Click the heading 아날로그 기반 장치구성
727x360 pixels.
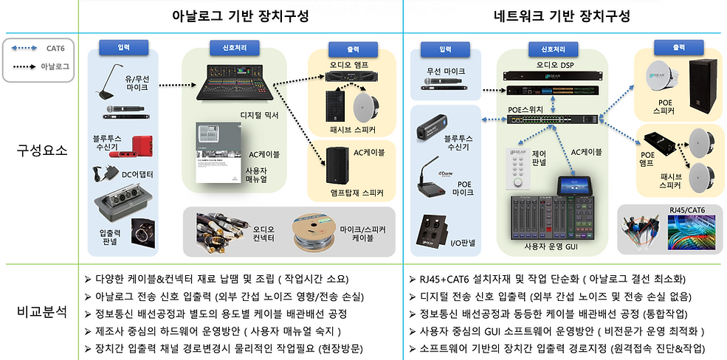[240, 15]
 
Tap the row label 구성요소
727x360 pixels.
[42, 151]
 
